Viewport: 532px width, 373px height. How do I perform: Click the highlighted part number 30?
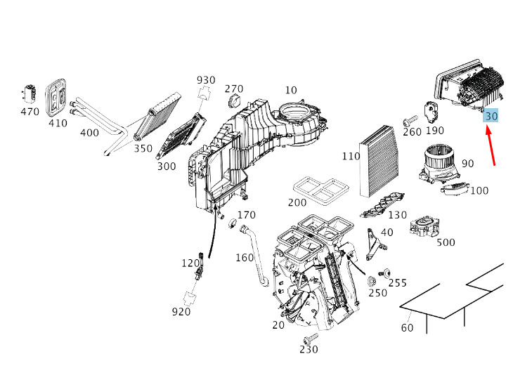coord(491,116)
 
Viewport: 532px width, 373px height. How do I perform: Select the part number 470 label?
coord(30,112)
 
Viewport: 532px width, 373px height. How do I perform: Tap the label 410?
coord(58,123)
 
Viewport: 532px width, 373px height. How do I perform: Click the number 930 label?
coord(206,80)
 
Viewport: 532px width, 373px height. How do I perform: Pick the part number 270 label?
coord(234,89)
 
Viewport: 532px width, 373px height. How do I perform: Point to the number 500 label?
coord(446,243)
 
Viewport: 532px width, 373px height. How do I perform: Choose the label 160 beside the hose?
coord(244,258)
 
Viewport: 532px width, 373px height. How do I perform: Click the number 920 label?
coord(181,312)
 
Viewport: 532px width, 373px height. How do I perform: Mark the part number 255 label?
coord(398,282)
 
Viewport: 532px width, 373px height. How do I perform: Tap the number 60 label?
coord(407,327)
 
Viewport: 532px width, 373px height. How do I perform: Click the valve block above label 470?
coord(29,93)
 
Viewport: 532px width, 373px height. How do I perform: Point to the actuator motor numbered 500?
coord(424,227)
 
